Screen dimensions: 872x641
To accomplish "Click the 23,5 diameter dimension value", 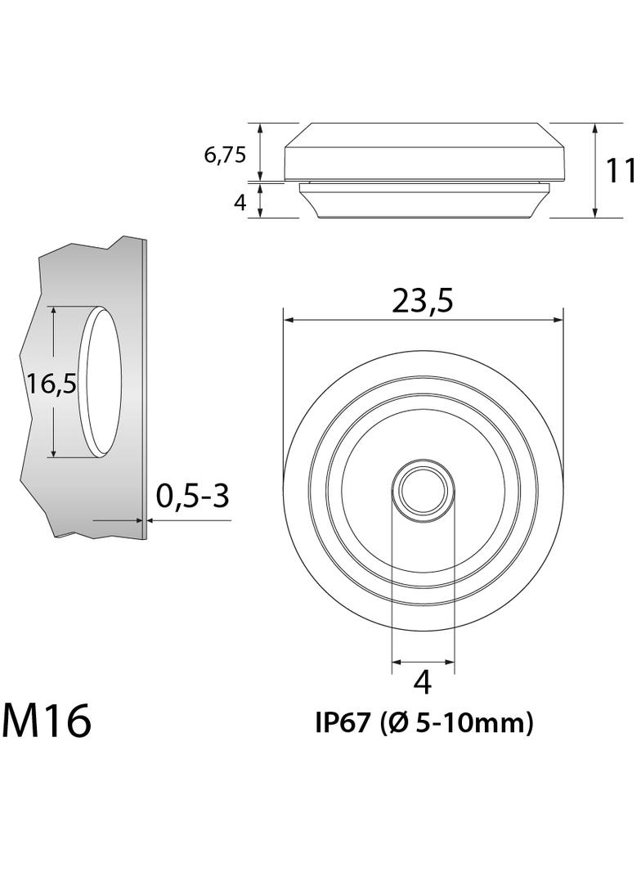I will coord(422,301).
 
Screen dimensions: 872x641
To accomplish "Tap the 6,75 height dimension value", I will coord(225,155).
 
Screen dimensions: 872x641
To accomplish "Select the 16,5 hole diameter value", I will coord(51,382).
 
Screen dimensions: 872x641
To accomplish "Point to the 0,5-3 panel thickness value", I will coord(192,495).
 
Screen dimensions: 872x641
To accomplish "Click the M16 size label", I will coord(47,721).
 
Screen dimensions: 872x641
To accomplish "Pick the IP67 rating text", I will coord(343,722).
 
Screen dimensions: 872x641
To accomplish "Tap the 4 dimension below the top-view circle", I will coord(423,681).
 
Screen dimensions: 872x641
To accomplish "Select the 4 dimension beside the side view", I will coord(240,202).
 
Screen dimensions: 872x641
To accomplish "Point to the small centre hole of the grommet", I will coord(423,489).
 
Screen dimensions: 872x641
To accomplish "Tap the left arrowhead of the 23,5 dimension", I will coord(289,320).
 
